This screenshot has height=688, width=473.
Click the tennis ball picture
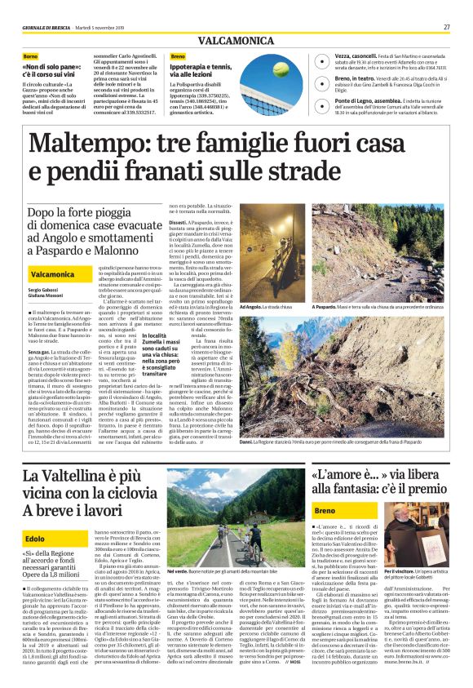pyautogui.click(x=280, y=69)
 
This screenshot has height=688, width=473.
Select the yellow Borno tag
pyautogui.click(x=30, y=56)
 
